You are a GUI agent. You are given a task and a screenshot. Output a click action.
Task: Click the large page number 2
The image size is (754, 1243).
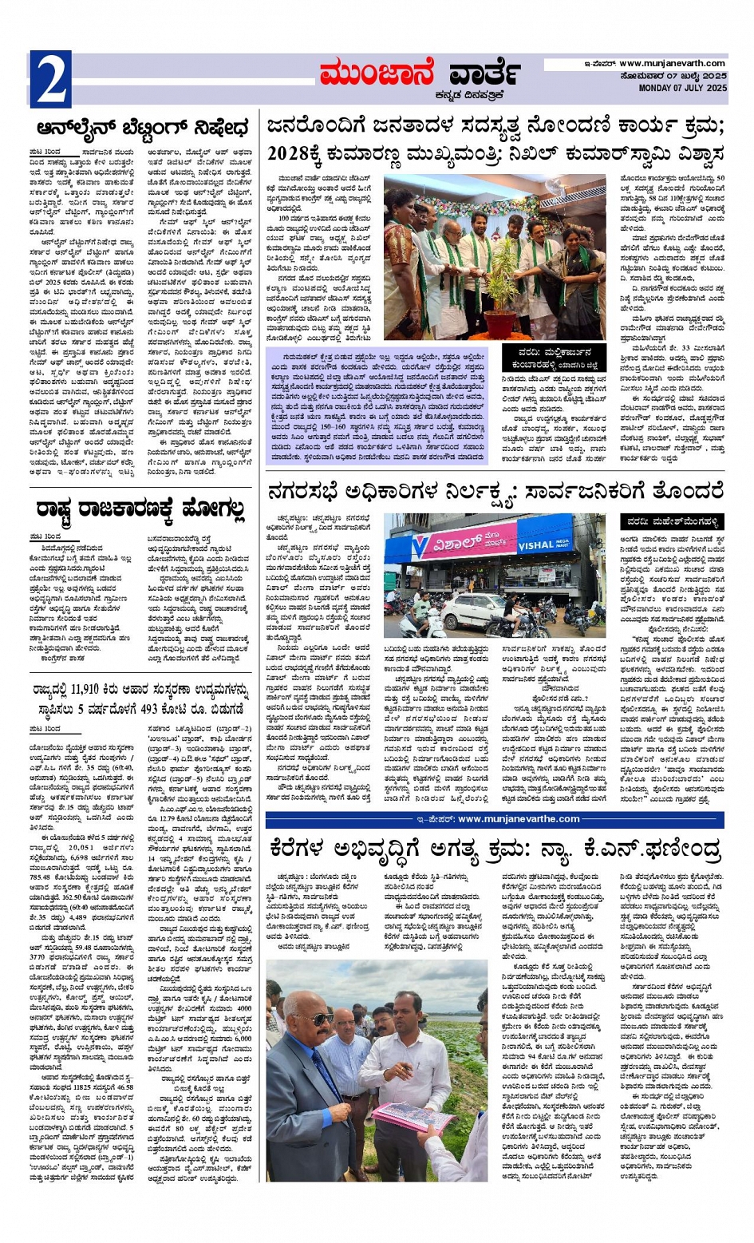[x=50, y=79]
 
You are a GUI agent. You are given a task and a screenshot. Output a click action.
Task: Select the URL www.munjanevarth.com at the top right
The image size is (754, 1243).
[x=672, y=64]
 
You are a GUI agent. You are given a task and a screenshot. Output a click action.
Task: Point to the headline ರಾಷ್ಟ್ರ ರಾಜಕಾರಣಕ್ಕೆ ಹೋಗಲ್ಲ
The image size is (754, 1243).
[x=140, y=507]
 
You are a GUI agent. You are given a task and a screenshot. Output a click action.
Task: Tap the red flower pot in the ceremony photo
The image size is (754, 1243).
[x=501, y=322]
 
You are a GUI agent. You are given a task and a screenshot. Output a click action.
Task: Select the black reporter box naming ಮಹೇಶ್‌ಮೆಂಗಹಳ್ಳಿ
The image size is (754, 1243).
[x=672, y=522]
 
